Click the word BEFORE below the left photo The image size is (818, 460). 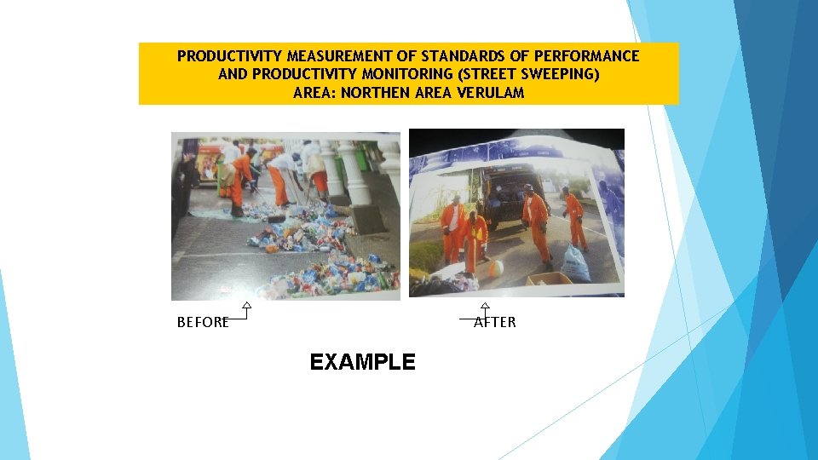[x=202, y=322]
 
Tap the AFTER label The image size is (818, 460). [x=495, y=322]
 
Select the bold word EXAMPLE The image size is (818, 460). [x=362, y=362]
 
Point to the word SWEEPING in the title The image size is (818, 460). [x=556, y=74]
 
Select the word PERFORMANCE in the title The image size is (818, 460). [x=590, y=56]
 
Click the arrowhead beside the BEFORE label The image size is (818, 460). [x=246, y=305]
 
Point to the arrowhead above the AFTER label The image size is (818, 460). [x=485, y=305]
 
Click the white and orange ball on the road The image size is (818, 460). [x=495, y=267]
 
